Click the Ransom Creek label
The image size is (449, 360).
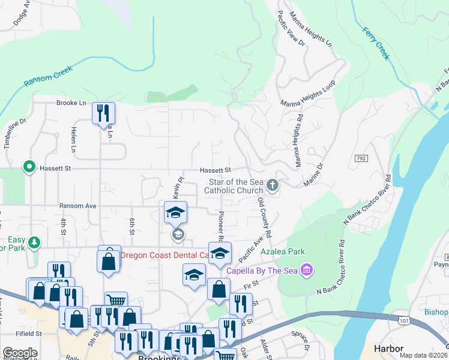pyautogui.click(x=48, y=76)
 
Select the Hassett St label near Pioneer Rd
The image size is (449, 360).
pyautogui.click(x=215, y=170)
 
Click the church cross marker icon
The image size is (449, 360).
pyautogui.click(x=273, y=185)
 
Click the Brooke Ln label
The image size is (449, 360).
pyautogui.click(x=71, y=103)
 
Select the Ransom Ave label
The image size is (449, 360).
pyautogui.click(x=78, y=206)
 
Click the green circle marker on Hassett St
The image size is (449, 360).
pyautogui.click(x=28, y=167)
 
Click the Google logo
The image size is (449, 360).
pyautogui.click(x=20, y=353)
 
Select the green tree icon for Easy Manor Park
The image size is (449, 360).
pyautogui.click(x=35, y=242)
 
